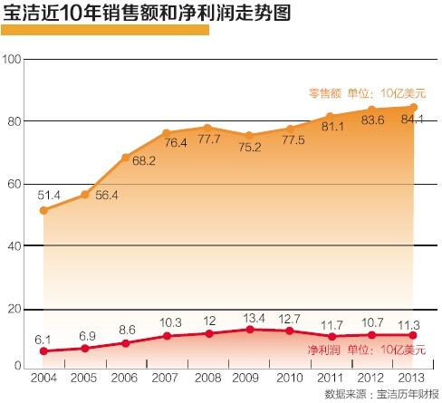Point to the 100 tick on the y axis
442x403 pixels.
click(x=12, y=60)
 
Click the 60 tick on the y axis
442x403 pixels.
click(x=12, y=184)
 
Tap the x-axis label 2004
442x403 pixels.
click(x=43, y=376)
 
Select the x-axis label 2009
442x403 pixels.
click(x=249, y=376)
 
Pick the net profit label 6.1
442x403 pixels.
click(x=42, y=338)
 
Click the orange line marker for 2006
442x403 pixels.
click(x=126, y=158)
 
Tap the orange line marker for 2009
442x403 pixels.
click(x=249, y=136)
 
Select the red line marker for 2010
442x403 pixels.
click(x=290, y=331)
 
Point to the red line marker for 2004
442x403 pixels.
click(x=43, y=351)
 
